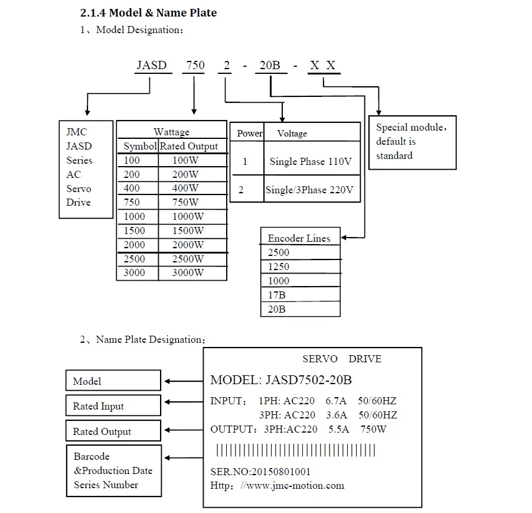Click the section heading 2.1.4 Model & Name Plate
[148, 12]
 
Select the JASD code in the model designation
[152, 66]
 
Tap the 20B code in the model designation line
[270, 66]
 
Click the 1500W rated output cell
[188, 230]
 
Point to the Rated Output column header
[188, 146]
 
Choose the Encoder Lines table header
[299, 238]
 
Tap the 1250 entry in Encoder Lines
[279, 267]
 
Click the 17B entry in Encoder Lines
[277, 295]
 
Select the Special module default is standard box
[412, 142]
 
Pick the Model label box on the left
[113, 381]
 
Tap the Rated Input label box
[113, 406]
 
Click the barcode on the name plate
[295, 451]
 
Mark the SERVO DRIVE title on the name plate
[341, 359]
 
